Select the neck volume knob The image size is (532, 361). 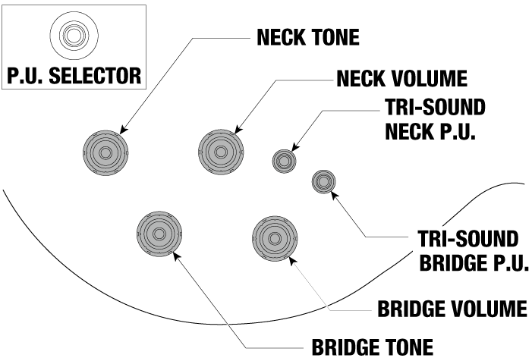[x=220, y=152]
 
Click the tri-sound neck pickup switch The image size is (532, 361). [x=285, y=161]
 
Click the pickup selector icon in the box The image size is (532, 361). [x=74, y=34]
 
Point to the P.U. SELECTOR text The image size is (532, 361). [x=74, y=76]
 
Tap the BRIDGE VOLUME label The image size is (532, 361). [x=452, y=309]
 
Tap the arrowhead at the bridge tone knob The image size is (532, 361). [x=177, y=256]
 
